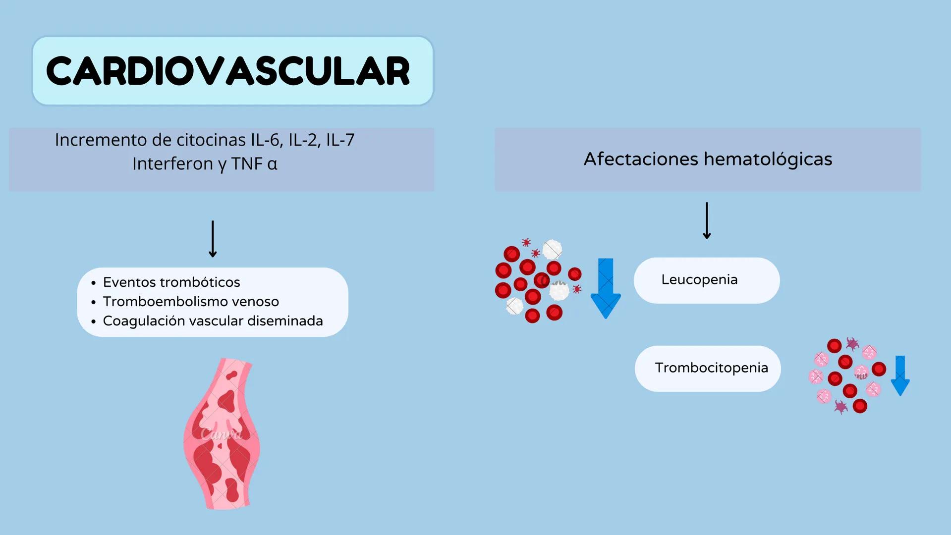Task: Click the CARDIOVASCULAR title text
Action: click(x=228, y=71)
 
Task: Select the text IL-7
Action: click(x=340, y=140)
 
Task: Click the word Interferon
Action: click(x=172, y=164)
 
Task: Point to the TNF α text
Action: click(x=254, y=164)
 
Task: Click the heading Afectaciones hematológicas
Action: click(x=708, y=159)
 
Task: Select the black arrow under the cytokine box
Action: click(x=213, y=239)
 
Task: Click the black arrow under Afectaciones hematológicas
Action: click(x=707, y=220)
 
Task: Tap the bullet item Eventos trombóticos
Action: click(x=171, y=282)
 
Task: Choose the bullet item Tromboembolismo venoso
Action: click(x=191, y=302)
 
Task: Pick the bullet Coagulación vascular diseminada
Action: click(x=213, y=321)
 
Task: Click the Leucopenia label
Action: click(x=699, y=280)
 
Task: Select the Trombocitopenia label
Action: click(x=711, y=368)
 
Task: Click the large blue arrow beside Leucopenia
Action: click(x=606, y=288)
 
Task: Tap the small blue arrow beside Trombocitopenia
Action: click(x=900, y=375)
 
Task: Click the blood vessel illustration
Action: click(x=222, y=433)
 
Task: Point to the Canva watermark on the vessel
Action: click(x=222, y=434)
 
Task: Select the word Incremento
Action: click(x=101, y=140)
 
